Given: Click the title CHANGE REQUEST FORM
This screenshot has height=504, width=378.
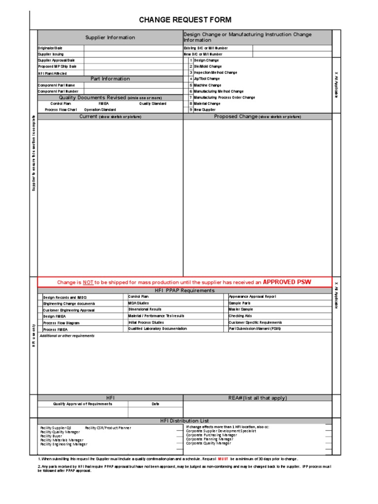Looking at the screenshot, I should click(185, 20).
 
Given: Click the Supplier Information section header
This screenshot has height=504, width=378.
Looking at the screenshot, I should click(110, 37).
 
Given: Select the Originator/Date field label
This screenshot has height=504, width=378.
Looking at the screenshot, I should click(50, 48).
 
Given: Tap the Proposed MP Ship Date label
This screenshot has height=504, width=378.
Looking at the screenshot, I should click(57, 66).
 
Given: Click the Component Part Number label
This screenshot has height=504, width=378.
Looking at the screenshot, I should click(58, 91).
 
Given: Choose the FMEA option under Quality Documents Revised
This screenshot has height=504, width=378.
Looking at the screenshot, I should click(104, 104).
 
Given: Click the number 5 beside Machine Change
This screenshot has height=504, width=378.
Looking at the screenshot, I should click(190, 85).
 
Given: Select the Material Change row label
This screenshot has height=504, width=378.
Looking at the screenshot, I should click(207, 104).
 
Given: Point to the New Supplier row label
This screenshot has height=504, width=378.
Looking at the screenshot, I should click(205, 110).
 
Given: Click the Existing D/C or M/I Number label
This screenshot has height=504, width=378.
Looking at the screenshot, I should click(206, 48).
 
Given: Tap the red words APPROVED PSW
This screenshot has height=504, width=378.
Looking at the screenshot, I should click(286, 282).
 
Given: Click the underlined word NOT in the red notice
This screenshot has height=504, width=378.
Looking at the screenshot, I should click(88, 283).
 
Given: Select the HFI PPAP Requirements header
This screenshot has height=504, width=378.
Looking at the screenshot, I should click(184, 290).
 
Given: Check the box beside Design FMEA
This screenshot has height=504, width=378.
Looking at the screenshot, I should click(40, 316).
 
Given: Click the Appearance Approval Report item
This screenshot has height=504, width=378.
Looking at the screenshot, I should click(252, 297).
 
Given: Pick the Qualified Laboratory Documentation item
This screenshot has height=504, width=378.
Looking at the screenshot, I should click(157, 328).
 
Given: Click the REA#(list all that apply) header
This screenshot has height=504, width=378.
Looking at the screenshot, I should click(257, 398).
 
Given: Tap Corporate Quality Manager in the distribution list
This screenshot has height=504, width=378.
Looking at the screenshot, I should click(208, 443).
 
